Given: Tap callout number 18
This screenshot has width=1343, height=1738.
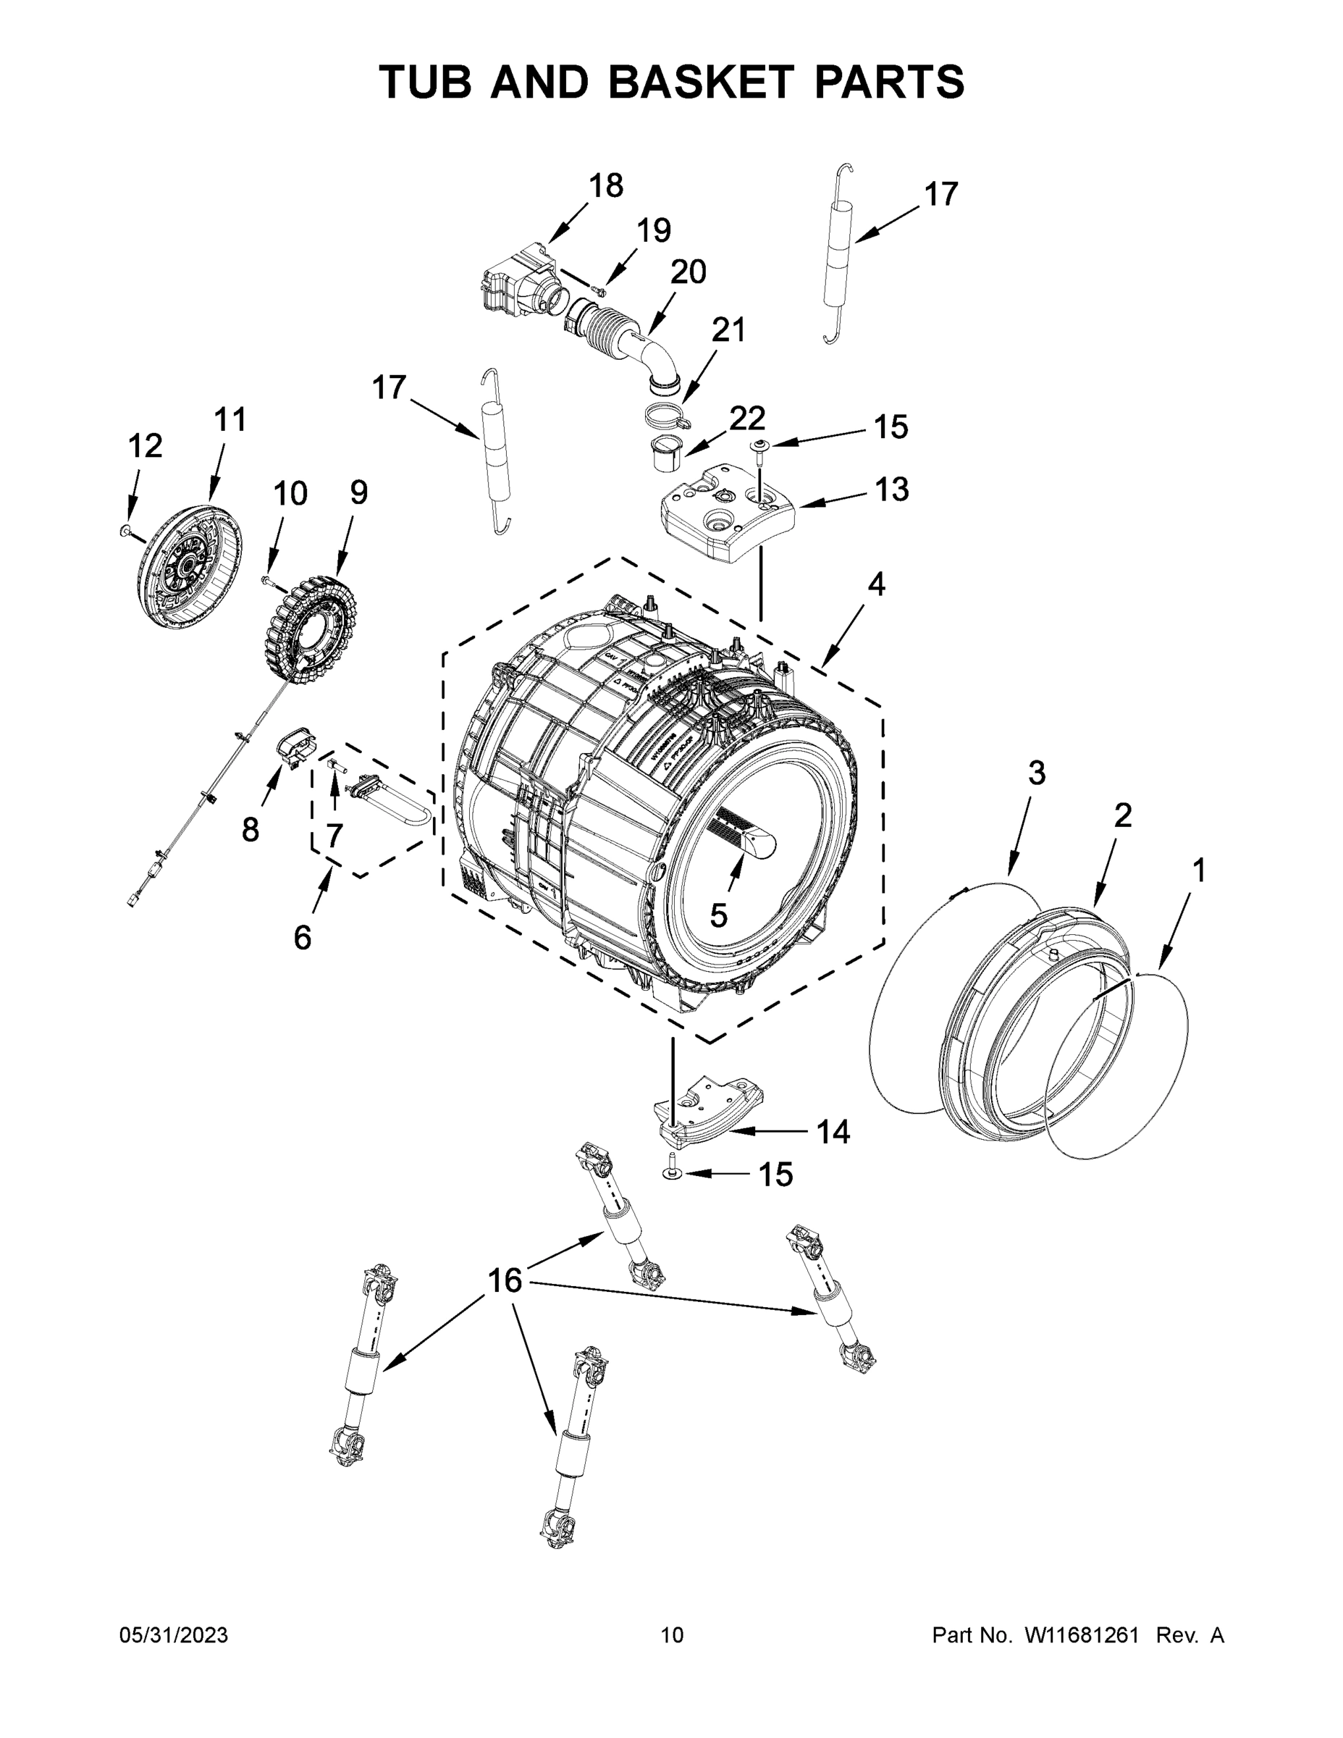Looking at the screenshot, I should pyautogui.click(x=605, y=185).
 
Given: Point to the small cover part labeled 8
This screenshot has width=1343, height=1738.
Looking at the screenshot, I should pyautogui.click(x=295, y=748).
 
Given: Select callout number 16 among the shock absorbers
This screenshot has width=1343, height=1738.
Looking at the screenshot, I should pyautogui.click(x=505, y=1280).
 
